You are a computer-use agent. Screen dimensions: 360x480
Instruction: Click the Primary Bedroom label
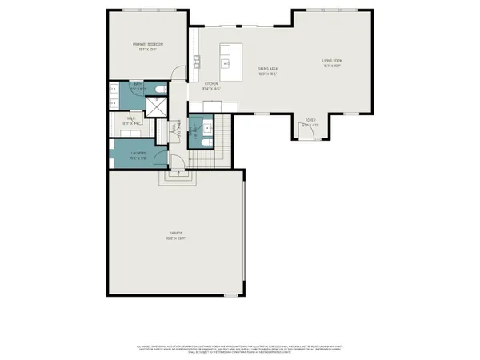click(149, 46)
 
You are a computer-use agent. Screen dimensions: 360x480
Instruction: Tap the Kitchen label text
click(211, 86)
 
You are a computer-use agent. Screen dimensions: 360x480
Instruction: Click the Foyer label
click(310, 123)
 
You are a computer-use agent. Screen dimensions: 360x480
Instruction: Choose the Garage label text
click(175, 235)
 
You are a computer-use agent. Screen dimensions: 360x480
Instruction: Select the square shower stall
click(157, 107)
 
